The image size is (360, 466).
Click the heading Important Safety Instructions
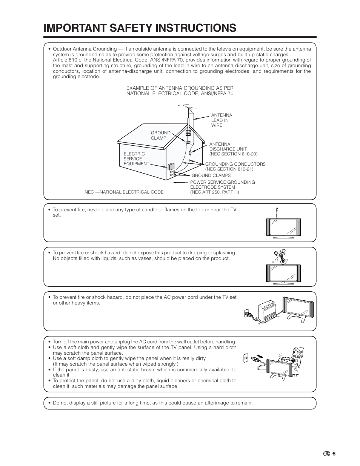pyautogui.click(x=140, y=28)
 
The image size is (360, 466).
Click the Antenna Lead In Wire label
pyautogui.click(x=222, y=120)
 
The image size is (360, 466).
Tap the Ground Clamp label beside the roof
pyautogui.click(x=161, y=135)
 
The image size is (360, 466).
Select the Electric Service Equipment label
pyautogui.click(x=134, y=159)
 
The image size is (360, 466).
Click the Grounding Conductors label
pyautogui.click(x=235, y=166)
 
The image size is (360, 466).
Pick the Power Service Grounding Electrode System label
pyautogui.click(x=222, y=187)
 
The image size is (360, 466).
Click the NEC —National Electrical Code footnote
pyautogui.click(x=124, y=192)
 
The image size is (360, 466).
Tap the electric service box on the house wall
pyautogui.click(x=171, y=166)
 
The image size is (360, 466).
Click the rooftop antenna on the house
pyautogui.click(x=189, y=113)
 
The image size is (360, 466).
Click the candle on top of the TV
pyautogui.click(x=277, y=212)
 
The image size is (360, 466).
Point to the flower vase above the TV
pyautogui.click(x=280, y=255)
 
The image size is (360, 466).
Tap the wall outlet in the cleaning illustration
pyautogui.click(x=246, y=358)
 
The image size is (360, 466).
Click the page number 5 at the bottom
pyautogui.click(x=334, y=454)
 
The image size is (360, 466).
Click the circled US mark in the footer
pyautogui.click(x=326, y=454)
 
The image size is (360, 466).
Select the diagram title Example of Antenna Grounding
pyautogui.click(x=180, y=91)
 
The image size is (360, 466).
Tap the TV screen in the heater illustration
pyautogui.click(x=298, y=306)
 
